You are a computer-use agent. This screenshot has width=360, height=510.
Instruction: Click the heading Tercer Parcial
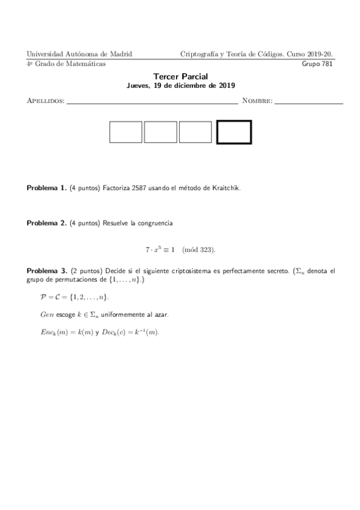[180, 77]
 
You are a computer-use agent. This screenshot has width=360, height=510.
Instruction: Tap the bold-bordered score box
[234, 132]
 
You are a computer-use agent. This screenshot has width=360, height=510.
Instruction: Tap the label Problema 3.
[46, 271]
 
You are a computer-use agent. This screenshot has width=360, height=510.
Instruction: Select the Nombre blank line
[308, 101]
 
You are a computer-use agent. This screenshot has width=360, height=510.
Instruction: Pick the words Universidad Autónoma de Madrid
[80, 54]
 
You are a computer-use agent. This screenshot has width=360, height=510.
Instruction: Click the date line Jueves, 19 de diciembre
[180, 86]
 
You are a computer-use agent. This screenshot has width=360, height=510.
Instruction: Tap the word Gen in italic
[46, 315]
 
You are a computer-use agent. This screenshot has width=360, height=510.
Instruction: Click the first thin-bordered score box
[126, 132]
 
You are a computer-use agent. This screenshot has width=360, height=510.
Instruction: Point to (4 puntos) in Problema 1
[84, 188]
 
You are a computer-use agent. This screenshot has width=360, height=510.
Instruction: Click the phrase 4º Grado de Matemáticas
[66, 63]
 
